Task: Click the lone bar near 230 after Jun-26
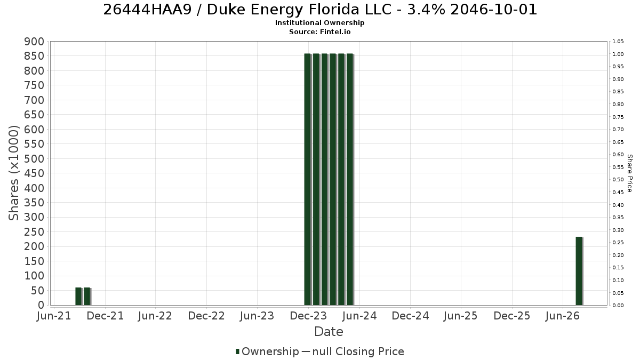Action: pyautogui.click(x=579, y=271)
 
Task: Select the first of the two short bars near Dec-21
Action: pyautogui.click(x=79, y=297)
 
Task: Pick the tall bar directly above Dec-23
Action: pyautogui.click(x=308, y=179)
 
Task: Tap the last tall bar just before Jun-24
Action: pyautogui.click(x=350, y=179)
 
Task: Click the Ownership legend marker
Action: pyautogui.click(x=237, y=351)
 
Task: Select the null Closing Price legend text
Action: pyautogui.click(x=358, y=351)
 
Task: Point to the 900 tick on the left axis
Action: pyautogui.click(x=34, y=42)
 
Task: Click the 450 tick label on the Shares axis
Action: pyautogui.click(x=34, y=173)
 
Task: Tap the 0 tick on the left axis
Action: pyautogui.click(x=42, y=305)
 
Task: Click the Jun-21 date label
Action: pyautogui.click(x=54, y=316)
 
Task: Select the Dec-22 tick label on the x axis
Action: pyautogui.click(x=206, y=316)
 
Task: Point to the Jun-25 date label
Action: pyautogui.click(x=461, y=316)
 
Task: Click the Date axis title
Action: pyautogui.click(x=329, y=332)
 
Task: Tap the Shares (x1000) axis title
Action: pyautogui.click(x=13, y=173)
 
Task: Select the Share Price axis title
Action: pyautogui.click(x=629, y=173)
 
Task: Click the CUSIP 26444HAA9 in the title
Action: pyautogui.click(x=147, y=10)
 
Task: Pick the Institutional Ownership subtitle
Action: pyautogui.click(x=319, y=23)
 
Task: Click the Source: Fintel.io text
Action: pyautogui.click(x=319, y=31)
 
